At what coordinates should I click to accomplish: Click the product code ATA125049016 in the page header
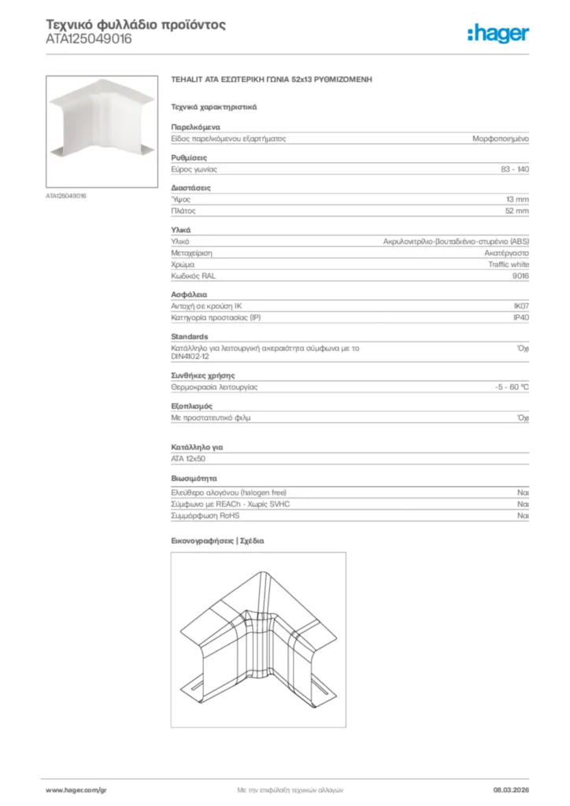89,39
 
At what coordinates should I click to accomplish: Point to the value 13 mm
517,200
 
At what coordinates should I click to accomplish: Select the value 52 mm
517,211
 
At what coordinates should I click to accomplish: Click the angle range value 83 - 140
514,169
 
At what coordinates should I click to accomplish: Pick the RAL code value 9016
520,276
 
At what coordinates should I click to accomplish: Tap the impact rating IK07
520,306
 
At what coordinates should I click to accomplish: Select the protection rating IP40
520,317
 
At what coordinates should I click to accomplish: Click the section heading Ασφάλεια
190,294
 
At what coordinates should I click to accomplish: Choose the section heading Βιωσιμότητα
194,478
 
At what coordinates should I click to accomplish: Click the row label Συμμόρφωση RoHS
205,516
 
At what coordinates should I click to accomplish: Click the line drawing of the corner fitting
258,639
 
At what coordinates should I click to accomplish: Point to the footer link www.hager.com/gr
76,789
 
